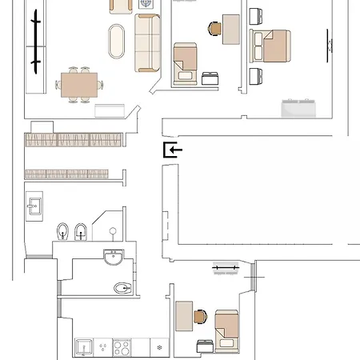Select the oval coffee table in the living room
click(x=117, y=41)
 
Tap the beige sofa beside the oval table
click(x=148, y=42)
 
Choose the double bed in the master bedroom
click(x=271, y=48)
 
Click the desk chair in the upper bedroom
click(x=214, y=29)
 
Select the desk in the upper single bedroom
click(x=232, y=30)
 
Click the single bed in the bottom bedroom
click(x=226, y=330)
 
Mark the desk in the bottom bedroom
click(x=183, y=317)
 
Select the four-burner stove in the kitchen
click(x=122, y=348)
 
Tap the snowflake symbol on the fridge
click(x=161, y=348)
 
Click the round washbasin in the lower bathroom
click(x=114, y=258)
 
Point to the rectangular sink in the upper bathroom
click(x=34, y=206)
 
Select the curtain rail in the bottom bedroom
click(x=226, y=266)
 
